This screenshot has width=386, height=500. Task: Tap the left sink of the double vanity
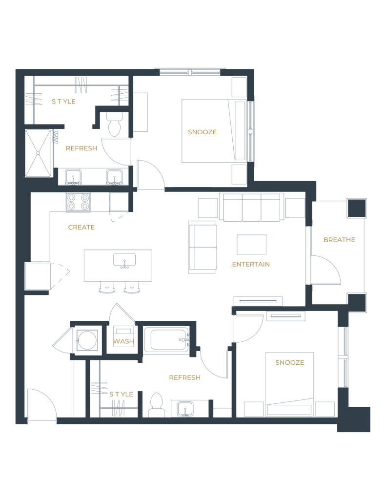click(74, 177)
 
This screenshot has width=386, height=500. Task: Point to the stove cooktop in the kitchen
click(78, 202)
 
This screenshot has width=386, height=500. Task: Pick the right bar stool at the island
click(131, 289)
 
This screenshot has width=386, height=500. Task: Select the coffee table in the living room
click(251, 245)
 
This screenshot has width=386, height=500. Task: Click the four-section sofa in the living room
click(251, 208)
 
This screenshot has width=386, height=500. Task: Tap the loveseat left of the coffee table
click(203, 247)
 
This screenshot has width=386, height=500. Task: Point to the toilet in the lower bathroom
click(156, 404)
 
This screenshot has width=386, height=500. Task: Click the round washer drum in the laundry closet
click(87, 340)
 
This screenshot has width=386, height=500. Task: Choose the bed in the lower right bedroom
click(288, 381)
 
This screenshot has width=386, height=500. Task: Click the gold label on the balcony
click(339, 240)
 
